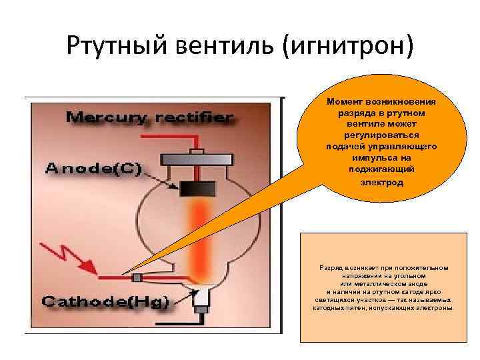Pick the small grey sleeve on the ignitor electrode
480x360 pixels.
[x=137, y=277]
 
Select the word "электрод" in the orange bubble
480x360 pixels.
[x=383, y=181]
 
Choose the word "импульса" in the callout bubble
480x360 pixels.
[x=375, y=158]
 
